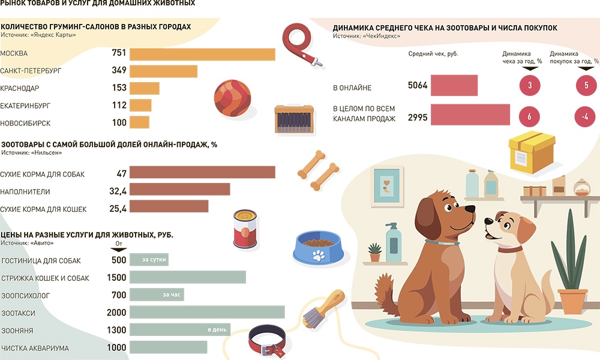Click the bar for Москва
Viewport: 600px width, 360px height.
[x=202, y=53]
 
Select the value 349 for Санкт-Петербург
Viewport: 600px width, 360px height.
[x=119, y=71]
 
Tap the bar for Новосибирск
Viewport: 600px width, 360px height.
[x=139, y=122]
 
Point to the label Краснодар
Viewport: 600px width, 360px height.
[x=20, y=88]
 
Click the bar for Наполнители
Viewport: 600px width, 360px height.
[x=179, y=190]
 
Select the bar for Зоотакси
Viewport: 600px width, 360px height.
[x=207, y=313]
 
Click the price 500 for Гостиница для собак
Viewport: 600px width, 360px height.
[x=119, y=260]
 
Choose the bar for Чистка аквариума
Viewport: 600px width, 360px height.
[x=168, y=347]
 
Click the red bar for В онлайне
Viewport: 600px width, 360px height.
[x=454, y=86]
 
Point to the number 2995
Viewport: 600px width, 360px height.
[x=417, y=118]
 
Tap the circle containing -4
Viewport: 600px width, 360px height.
[x=584, y=117]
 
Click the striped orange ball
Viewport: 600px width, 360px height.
[x=232, y=98]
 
